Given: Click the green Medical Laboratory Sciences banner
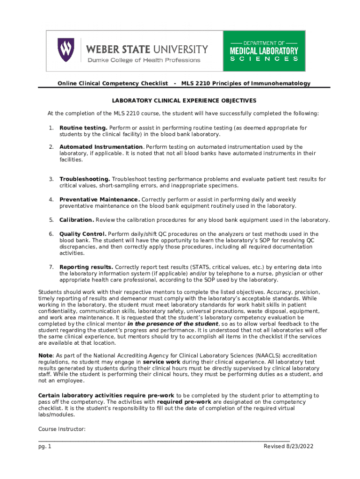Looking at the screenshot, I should pos(264,51).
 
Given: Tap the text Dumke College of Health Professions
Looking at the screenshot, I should pos(144,60).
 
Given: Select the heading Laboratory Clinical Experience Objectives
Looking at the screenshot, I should pos(183,101).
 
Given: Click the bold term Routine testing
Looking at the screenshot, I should pos(83,128).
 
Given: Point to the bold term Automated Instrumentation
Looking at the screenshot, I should pos(101,147).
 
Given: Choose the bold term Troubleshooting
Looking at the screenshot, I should pos(85,179).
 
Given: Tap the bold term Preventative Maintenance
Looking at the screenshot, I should pos(99,200).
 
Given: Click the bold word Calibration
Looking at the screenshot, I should pos(77,220).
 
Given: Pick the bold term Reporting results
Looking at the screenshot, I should pos(86,267).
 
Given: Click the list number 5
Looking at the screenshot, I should pos(50,220).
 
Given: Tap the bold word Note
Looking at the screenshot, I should pos(45,356).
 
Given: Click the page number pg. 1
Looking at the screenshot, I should pos(45,446).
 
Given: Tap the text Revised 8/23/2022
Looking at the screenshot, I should pos(288,446).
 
